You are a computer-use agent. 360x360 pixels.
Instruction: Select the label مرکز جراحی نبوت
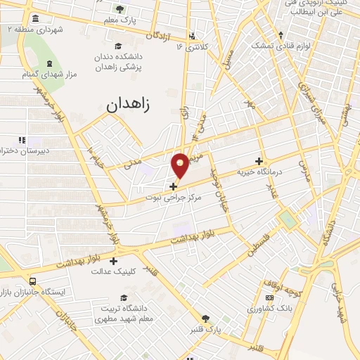tap(174, 198)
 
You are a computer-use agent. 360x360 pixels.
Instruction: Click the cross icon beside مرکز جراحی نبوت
tap(174, 186)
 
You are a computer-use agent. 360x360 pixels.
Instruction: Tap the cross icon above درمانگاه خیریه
tap(259, 161)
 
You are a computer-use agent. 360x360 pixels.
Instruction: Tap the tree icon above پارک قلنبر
tap(206, 319)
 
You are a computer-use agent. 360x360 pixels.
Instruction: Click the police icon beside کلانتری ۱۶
tap(192, 36)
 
